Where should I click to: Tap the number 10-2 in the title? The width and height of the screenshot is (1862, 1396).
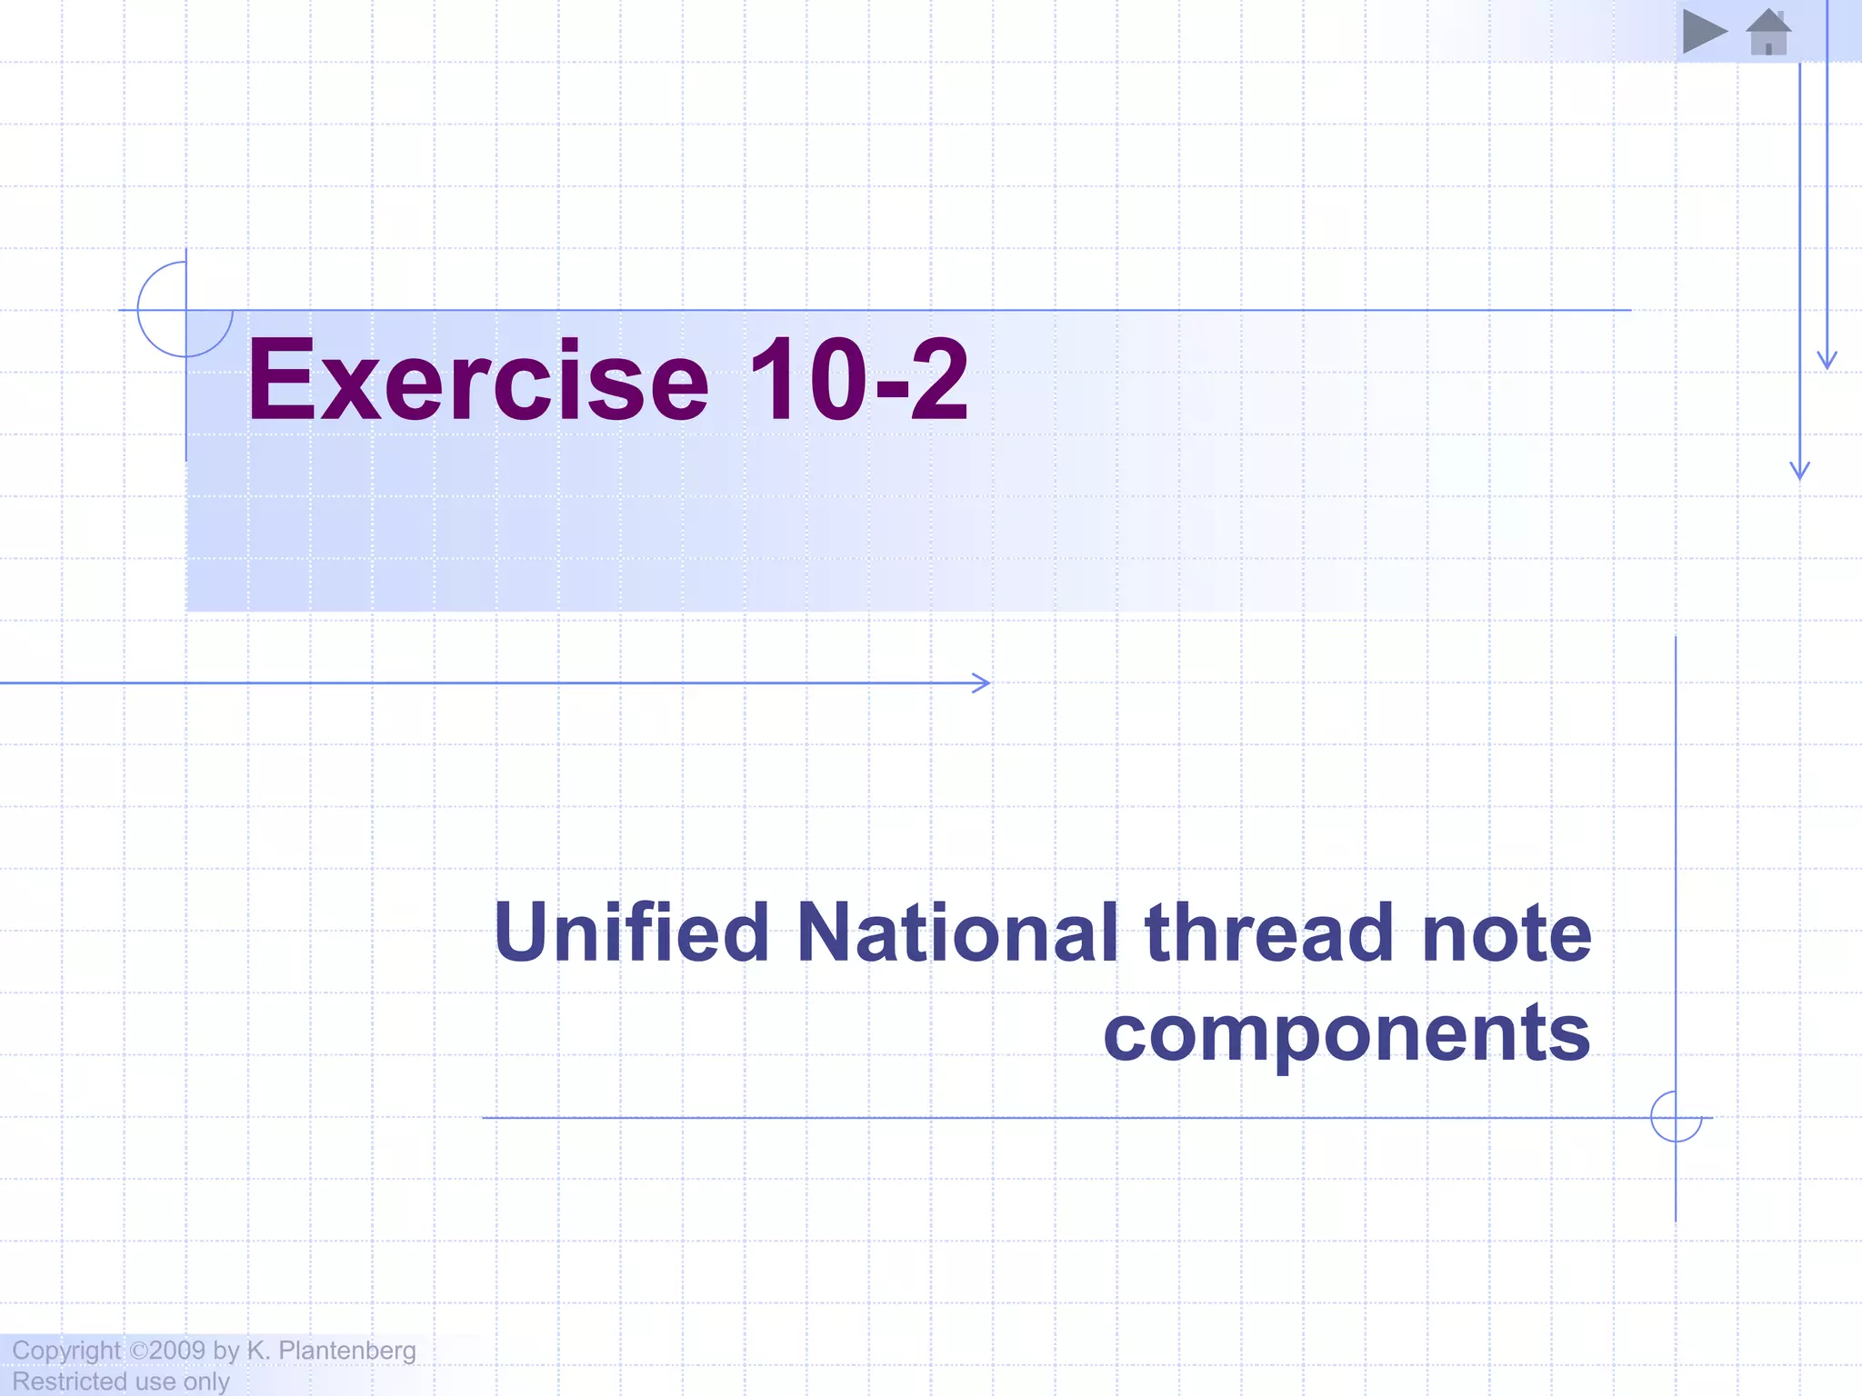[x=857, y=380]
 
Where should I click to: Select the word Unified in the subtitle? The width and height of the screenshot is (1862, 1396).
[x=632, y=932]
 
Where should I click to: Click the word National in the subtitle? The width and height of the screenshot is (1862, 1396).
[x=957, y=932]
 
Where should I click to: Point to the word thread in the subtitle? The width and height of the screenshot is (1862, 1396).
[x=1269, y=932]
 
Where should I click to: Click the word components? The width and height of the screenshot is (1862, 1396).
[x=1346, y=1033]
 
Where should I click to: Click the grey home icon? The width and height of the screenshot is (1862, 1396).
[x=1768, y=33]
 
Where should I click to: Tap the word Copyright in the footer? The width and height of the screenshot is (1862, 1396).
[x=65, y=1351]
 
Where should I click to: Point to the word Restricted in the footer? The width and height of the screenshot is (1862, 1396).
[x=69, y=1381]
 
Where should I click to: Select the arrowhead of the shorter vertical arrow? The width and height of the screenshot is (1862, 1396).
[x=1827, y=361]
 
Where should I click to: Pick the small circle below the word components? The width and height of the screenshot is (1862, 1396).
[x=1676, y=1117]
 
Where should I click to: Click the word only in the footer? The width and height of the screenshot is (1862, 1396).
[x=206, y=1381]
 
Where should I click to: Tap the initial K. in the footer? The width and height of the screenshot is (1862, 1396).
[x=258, y=1351]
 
